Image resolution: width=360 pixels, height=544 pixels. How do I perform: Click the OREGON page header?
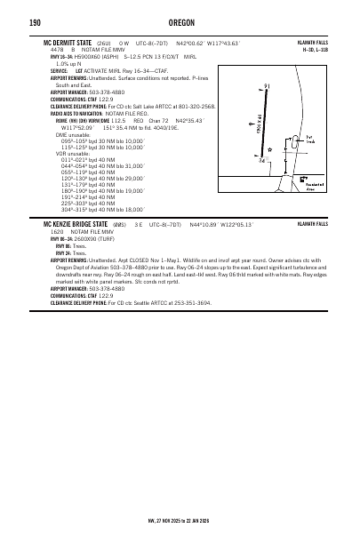180,23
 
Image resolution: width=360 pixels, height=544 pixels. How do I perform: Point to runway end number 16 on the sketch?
268,86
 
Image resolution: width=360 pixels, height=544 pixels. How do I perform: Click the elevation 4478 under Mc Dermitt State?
58,48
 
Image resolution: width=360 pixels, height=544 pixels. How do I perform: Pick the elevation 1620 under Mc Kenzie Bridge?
58,231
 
